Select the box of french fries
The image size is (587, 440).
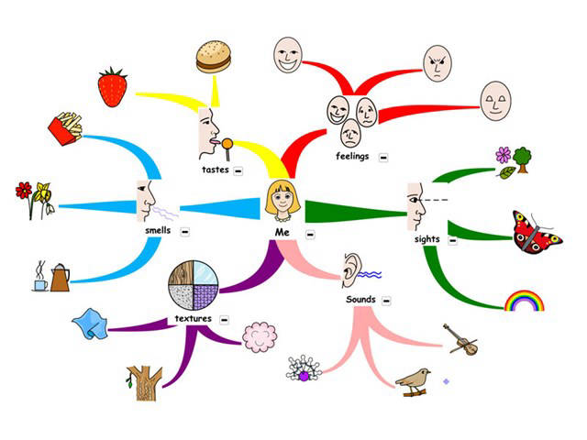[65, 129]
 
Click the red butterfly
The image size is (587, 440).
[537, 233]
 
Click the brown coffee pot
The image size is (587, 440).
[60, 276]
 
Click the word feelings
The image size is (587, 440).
[352, 157]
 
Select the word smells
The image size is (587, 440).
[158, 230]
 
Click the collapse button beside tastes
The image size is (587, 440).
[238, 170]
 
